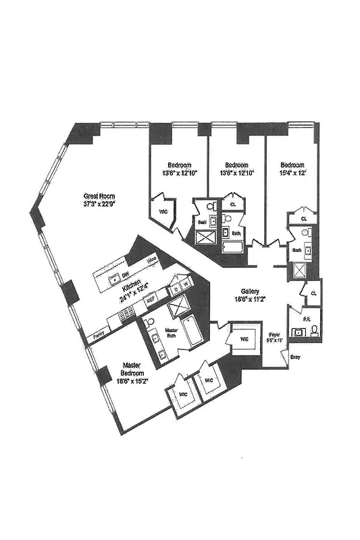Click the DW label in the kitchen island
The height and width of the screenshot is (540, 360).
click(126, 275)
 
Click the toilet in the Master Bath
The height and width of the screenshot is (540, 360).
click(150, 323)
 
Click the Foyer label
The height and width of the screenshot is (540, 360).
click(274, 334)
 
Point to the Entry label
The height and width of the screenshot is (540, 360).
click(295, 357)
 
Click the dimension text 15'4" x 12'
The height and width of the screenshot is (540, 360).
click(293, 173)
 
